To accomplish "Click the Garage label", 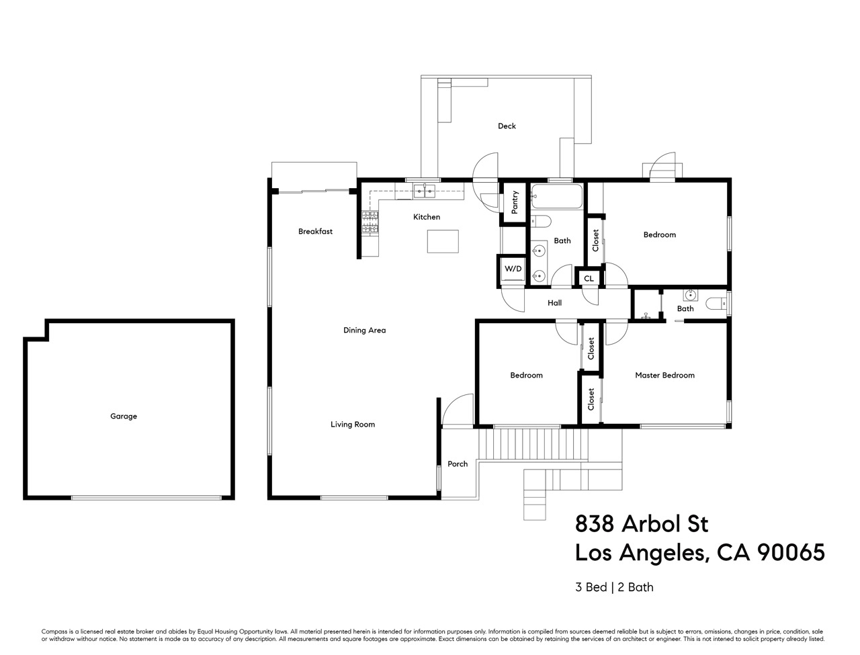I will [124, 417].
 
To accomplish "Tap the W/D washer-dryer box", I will [513, 269].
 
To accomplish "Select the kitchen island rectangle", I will [443, 241].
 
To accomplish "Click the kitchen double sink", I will [423, 191].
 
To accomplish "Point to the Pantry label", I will [515, 203].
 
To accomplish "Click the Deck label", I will [507, 126].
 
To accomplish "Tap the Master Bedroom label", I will [664, 376].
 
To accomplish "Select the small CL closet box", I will [589, 278].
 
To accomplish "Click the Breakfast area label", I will [315, 232].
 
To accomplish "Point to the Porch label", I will [458, 464].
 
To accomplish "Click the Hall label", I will [554, 303].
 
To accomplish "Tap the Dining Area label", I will [364, 331].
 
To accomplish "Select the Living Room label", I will [352, 425].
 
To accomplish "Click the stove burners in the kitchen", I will [371, 223].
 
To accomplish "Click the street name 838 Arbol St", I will [642, 523].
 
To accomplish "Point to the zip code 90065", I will [791, 553].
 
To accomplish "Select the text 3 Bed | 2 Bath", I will [614, 587].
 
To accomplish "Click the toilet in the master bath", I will [716, 304].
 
